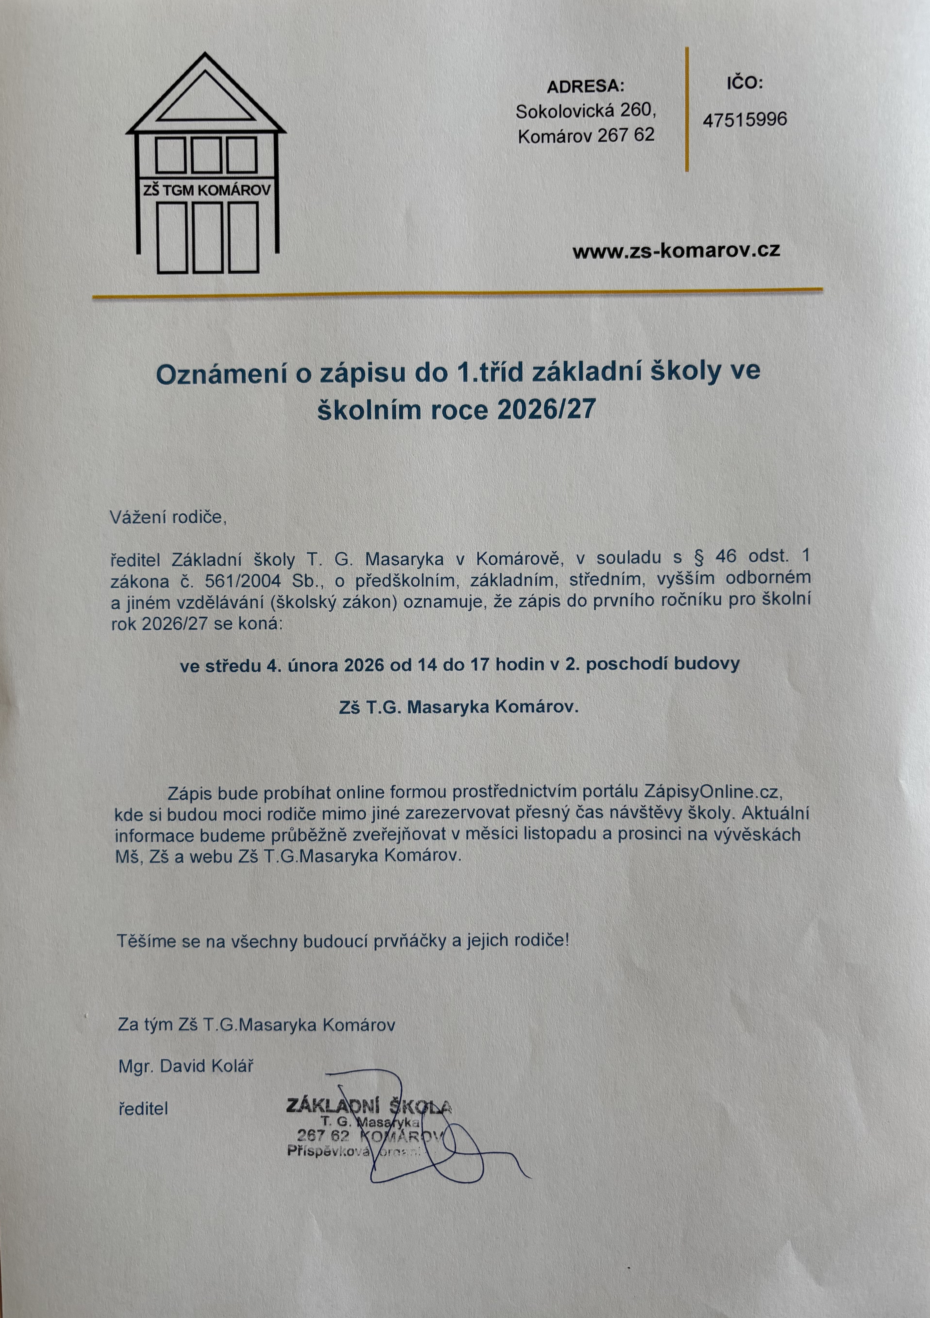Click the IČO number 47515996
pyautogui.click(x=744, y=119)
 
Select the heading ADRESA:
pyautogui.click(x=585, y=87)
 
